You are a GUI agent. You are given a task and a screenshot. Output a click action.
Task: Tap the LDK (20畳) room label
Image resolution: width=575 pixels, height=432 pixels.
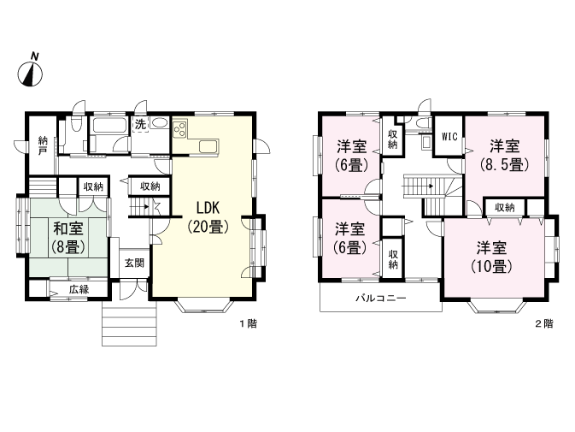coord(208,217)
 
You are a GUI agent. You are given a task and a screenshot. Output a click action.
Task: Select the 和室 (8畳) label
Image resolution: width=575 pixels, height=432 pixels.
coord(68,238)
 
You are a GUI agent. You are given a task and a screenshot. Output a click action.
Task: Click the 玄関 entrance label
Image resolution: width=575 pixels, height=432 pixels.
coord(134,263)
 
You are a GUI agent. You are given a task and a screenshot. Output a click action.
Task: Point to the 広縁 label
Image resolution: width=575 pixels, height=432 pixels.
coord(79,289)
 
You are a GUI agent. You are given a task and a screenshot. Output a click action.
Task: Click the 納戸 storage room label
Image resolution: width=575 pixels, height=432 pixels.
coord(43,145)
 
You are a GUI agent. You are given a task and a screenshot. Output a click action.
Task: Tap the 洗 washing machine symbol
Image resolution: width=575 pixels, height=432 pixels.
coord(140,124)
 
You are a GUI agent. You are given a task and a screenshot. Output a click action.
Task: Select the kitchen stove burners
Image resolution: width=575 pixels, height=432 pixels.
coord(180,129)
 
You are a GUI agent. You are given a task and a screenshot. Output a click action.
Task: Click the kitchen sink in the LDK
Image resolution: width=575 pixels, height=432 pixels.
coord(208,147)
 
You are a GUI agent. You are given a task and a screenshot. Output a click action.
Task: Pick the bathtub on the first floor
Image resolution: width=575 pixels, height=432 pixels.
coord(109,125)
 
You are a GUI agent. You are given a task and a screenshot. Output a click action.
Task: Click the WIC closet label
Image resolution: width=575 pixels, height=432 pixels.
coord(449,137)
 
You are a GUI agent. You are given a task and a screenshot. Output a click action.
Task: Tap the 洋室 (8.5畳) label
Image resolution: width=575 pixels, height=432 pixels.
coord(505,156)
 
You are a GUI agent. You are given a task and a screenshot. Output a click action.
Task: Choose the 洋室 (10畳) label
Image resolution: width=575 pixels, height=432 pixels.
coord(491,257)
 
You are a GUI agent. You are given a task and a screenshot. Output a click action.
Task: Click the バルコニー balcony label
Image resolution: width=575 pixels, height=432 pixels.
coord(381,298)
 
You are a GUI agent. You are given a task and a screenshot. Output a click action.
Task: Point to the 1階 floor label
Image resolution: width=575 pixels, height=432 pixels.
coord(249,323)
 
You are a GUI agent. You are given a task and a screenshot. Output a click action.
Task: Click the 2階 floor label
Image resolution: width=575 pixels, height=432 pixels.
coord(544,323)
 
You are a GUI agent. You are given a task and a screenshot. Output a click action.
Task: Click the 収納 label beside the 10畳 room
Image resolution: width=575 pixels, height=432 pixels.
coord(505,207)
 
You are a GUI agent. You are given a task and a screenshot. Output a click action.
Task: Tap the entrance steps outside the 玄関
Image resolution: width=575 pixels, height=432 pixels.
coord(129,323)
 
